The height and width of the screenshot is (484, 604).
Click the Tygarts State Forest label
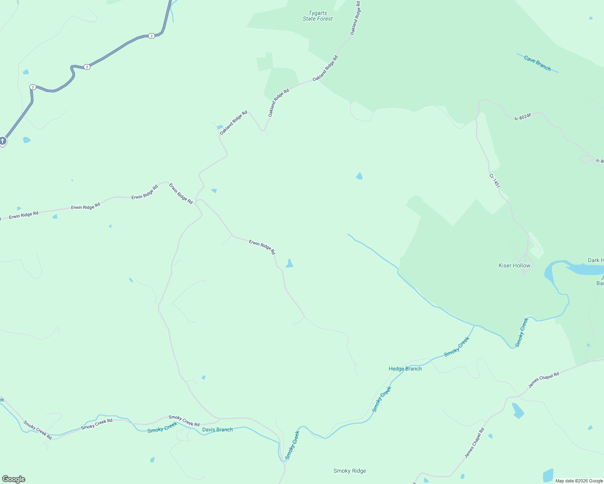[318, 16]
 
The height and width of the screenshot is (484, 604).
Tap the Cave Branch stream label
[537, 63]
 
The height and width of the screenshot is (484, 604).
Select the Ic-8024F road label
[523, 117]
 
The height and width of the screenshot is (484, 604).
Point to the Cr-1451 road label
[494, 181]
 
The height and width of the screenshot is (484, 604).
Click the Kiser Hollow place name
[514, 265]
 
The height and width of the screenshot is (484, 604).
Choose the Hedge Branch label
[405, 369]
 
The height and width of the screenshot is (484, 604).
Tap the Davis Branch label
[217, 430]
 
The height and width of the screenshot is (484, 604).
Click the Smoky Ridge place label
[350, 471]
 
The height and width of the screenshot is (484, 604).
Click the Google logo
[13, 479]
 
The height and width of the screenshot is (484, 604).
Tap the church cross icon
[3, 141]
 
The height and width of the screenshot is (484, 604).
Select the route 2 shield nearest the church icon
[33, 87]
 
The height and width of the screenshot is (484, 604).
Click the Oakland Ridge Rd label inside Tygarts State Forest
[355, 18]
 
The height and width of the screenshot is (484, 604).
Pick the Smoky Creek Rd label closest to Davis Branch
[184, 421]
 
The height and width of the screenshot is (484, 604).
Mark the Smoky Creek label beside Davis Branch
[162, 428]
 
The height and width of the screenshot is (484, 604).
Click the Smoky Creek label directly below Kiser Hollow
[521, 332]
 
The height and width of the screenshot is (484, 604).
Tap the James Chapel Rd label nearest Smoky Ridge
[474, 443]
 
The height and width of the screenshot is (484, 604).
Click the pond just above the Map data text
[548, 476]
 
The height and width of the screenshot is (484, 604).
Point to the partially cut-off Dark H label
[596, 260]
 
